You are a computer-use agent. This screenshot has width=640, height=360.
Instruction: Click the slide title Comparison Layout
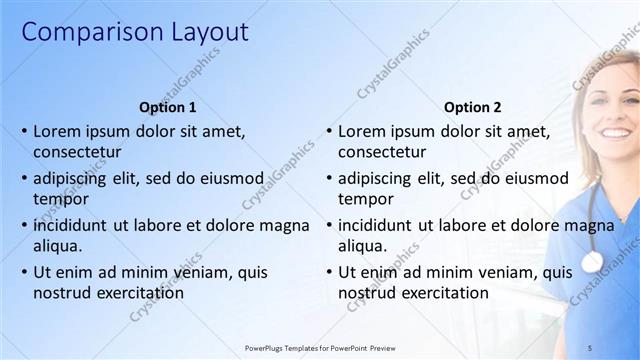click(135, 32)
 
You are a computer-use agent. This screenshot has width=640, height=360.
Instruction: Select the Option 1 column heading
click(168, 107)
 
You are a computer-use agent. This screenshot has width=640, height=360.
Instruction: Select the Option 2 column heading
click(472, 107)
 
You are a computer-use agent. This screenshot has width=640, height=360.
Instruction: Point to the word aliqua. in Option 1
click(57, 246)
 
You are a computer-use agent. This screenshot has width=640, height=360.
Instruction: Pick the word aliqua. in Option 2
click(362, 246)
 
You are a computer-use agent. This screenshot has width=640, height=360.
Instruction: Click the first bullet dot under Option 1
click(24, 132)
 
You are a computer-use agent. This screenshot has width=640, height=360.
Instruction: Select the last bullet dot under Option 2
click(329, 272)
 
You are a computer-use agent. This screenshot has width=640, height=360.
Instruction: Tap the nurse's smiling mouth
click(613, 132)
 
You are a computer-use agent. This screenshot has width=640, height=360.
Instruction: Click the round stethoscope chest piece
click(592, 261)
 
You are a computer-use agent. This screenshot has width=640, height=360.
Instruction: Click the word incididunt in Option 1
click(75, 225)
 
